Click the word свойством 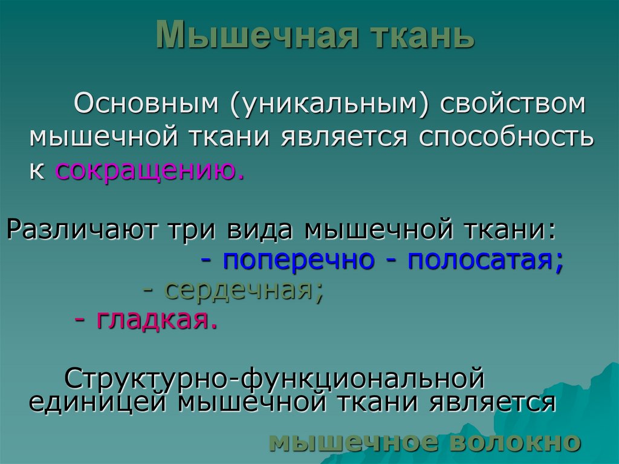[513, 103]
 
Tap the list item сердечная [241, 292]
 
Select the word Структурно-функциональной [274, 379]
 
